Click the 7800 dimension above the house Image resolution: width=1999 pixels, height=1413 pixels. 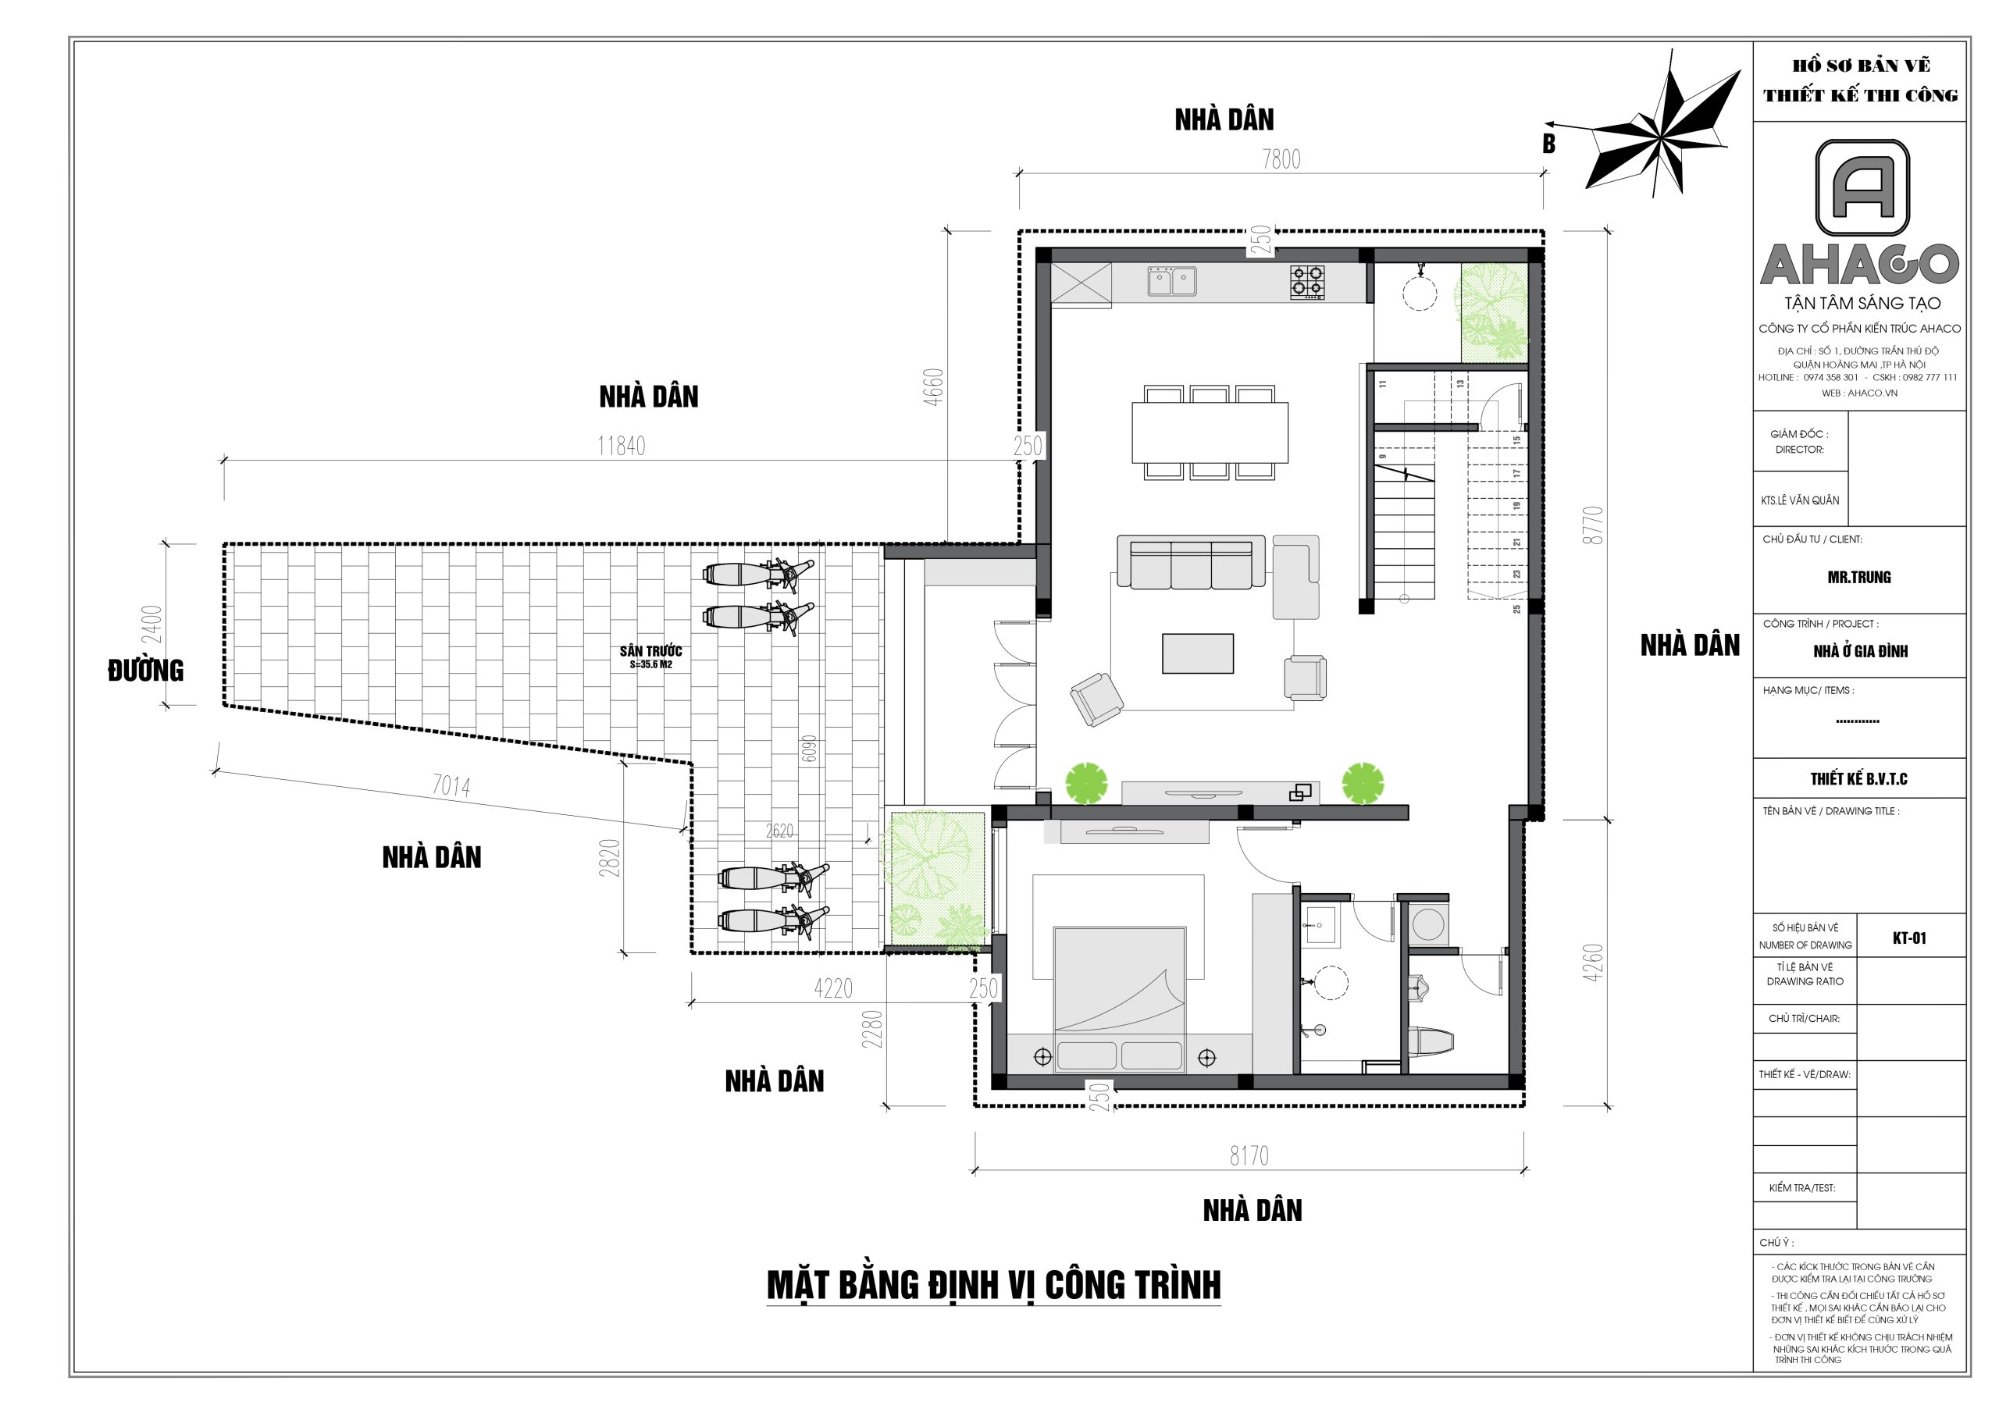[1281, 158]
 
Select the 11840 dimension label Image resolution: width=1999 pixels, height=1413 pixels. [621, 446]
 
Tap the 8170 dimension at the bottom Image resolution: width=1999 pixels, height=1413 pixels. [1249, 1155]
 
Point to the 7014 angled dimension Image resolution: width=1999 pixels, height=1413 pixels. [451, 786]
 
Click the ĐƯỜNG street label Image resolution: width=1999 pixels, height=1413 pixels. [145, 671]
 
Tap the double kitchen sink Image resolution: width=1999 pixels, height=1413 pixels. [1171, 281]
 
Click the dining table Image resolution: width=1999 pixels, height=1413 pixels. [1210, 432]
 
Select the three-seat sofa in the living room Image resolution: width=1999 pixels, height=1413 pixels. [1191, 561]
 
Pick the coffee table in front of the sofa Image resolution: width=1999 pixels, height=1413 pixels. [1197, 653]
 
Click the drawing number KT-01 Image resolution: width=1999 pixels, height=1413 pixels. [1909, 938]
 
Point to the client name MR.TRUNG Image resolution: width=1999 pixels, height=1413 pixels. [1858, 577]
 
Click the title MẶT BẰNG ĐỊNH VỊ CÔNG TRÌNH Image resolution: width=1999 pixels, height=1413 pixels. [993, 1285]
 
